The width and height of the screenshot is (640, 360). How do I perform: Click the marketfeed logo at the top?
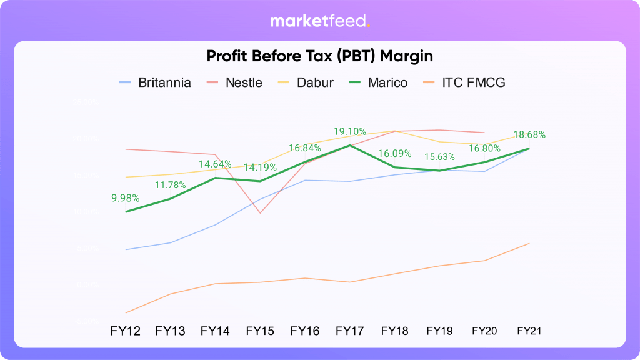click(320, 21)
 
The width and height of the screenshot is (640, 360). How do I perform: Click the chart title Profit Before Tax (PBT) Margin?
click(320, 56)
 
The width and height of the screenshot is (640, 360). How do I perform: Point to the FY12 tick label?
click(126, 331)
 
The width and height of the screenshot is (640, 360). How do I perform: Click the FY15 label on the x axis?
click(260, 331)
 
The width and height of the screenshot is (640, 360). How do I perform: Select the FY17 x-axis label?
click(350, 331)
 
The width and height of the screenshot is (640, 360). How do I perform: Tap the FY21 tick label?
click(529, 331)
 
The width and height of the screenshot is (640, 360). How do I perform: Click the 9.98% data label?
click(126, 198)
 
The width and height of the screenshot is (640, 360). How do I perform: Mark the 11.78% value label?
click(170, 184)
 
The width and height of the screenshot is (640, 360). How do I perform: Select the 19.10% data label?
click(350, 132)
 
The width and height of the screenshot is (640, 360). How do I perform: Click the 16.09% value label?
click(394, 153)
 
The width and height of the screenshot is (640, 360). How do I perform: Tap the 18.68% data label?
click(529, 134)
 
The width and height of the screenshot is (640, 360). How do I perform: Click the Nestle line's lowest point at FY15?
click(260, 213)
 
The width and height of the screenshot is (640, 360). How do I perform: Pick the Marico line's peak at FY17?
click(350, 145)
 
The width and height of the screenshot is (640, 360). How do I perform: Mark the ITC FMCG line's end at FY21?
click(529, 243)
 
